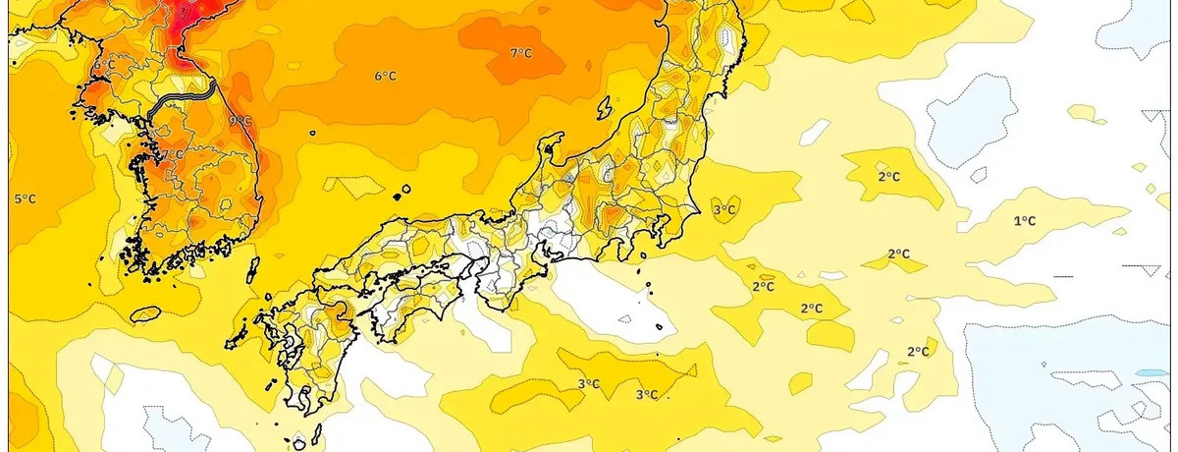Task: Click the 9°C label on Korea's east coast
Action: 240,121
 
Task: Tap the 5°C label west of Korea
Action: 25,198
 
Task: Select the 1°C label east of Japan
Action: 1024,221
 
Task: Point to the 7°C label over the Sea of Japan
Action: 520,53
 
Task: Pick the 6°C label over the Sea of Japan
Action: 385,76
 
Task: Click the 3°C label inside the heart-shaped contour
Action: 724,209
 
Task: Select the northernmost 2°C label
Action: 888,176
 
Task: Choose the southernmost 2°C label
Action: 918,351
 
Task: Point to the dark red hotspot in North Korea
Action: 191,20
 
